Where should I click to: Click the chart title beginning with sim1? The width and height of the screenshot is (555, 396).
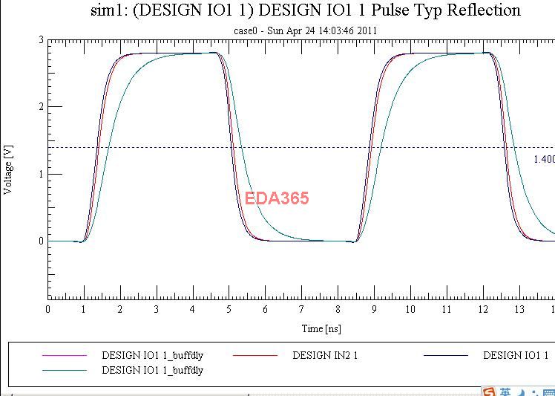pyautogui.click(x=304, y=10)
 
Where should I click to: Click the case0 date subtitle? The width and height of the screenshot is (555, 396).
pyautogui.click(x=305, y=30)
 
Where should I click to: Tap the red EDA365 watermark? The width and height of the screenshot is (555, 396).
pyautogui.click(x=277, y=198)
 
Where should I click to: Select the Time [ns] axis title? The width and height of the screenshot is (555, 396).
pyautogui.click(x=321, y=328)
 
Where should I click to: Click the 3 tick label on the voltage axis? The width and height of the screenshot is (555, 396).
pyautogui.click(x=41, y=40)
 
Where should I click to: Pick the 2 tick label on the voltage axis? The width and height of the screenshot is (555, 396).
pyautogui.click(x=41, y=107)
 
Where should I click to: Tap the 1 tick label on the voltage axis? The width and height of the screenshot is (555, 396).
pyautogui.click(x=41, y=174)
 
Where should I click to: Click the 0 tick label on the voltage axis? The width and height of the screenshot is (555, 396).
pyautogui.click(x=41, y=241)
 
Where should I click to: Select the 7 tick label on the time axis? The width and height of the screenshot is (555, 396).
pyautogui.click(x=301, y=309)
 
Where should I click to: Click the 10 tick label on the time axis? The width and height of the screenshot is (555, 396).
pyautogui.click(x=410, y=309)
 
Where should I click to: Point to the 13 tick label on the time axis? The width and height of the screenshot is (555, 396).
pyautogui.click(x=519, y=309)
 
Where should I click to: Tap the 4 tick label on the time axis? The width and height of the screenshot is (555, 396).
pyautogui.click(x=193, y=309)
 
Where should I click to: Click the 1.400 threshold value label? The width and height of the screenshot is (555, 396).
pyautogui.click(x=544, y=159)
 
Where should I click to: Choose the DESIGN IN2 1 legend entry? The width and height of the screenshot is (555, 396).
pyautogui.click(x=325, y=356)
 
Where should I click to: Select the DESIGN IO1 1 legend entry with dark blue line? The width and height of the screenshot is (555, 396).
pyautogui.click(x=516, y=356)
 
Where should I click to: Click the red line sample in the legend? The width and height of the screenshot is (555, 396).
pyautogui.click(x=255, y=356)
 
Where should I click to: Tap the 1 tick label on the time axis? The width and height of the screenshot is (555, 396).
pyautogui.click(x=84, y=309)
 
